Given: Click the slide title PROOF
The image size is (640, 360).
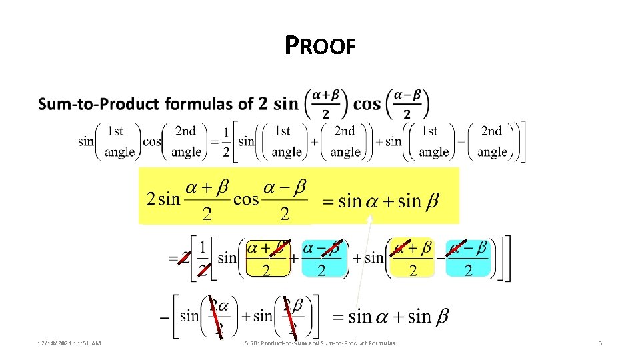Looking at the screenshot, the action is point(320,46).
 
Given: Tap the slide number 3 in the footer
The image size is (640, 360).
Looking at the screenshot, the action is point(600,343).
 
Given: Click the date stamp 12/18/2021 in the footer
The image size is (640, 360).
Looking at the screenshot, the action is point(54,343).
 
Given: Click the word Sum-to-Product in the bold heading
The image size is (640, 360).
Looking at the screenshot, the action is point(99,105).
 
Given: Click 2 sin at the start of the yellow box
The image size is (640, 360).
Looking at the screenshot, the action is point(163,199).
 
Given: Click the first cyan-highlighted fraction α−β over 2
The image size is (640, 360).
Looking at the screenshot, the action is point(321,258).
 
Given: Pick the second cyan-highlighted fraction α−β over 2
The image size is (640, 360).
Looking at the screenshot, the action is point(468,258).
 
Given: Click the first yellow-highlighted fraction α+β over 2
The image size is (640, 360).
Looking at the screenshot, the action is point(267,258).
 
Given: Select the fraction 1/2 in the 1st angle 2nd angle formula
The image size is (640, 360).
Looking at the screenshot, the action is point(227,141).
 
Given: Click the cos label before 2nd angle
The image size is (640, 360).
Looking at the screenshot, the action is point(152,141).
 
